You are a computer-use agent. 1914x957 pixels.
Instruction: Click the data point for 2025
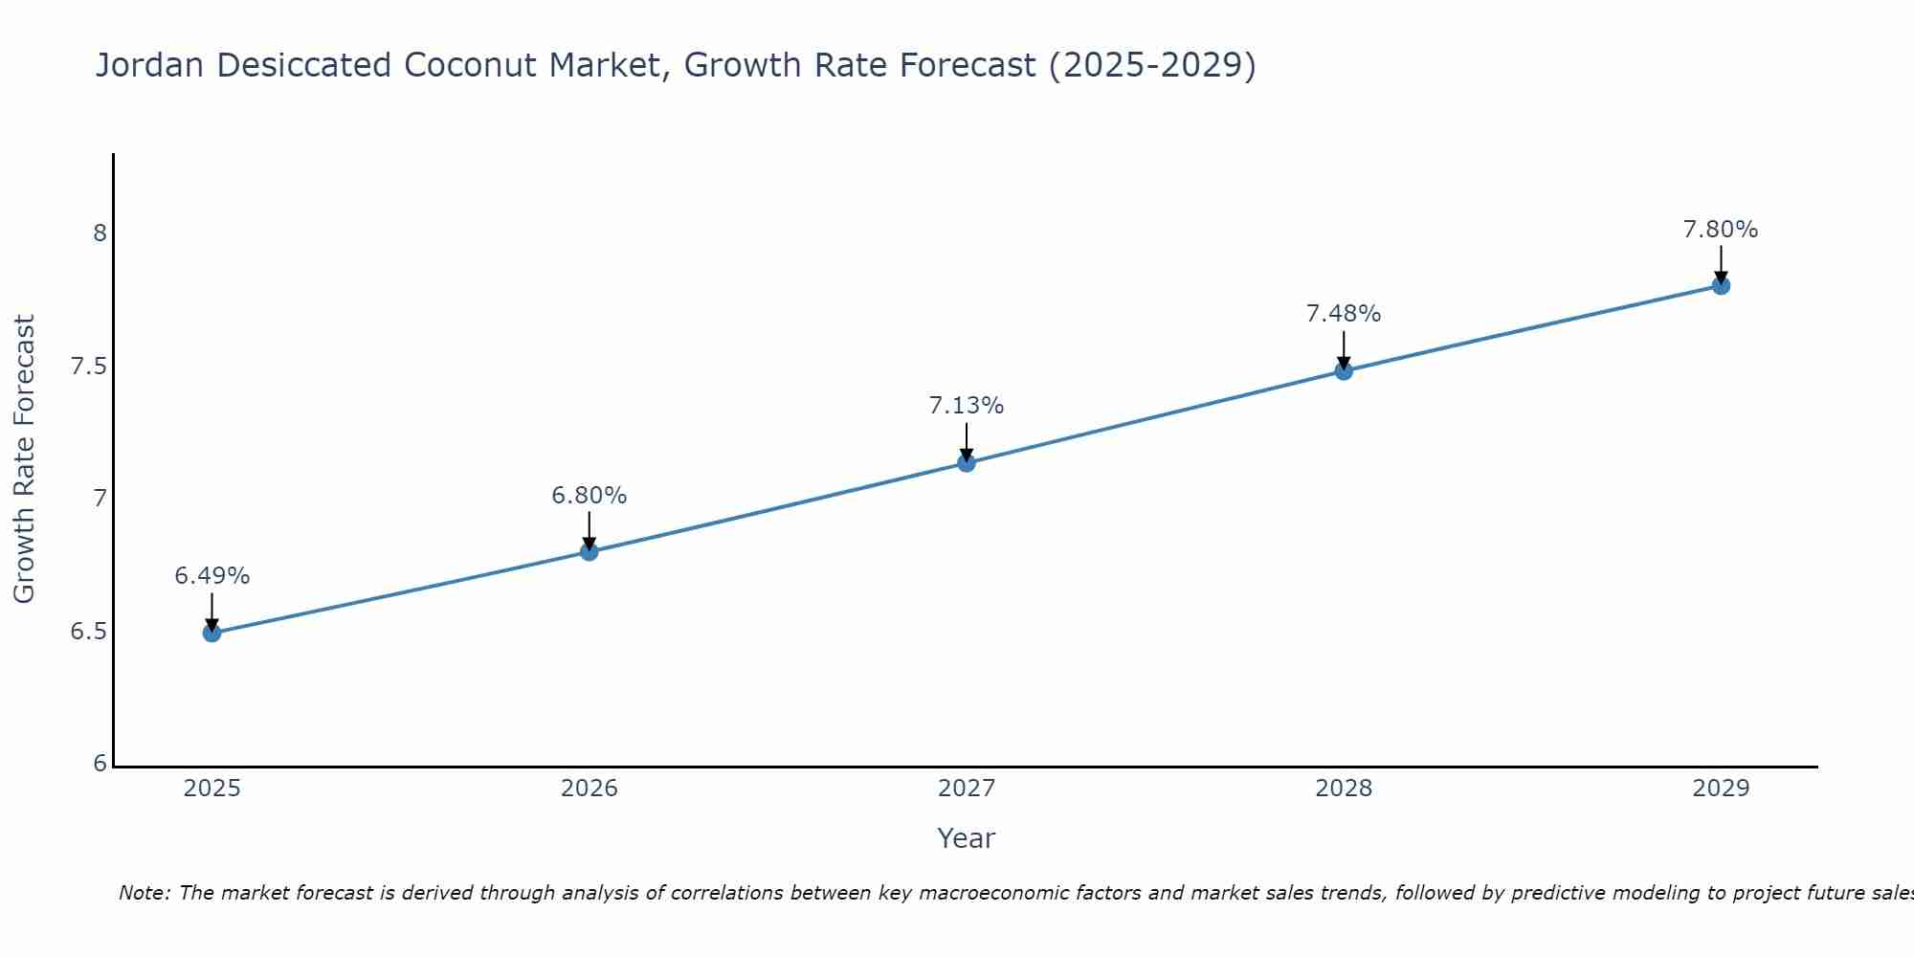[x=212, y=633]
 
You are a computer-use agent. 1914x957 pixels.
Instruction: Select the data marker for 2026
[x=590, y=551]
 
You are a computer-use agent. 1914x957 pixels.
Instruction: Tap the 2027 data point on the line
[x=967, y=463]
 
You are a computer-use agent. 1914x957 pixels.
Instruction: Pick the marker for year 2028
[x=1344, y=370]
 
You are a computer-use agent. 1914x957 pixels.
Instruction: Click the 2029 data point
[x=1721, y=285]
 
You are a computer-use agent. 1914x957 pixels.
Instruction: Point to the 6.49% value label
[x=212, y=576]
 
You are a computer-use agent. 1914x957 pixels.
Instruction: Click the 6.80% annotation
[x=590, y=496]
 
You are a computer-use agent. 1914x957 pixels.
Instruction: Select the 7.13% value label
[x=967, y=406]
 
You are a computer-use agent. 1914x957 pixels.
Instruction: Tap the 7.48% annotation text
[x=1344, y=314]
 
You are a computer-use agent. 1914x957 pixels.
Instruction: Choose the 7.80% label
[x=1721, y=230]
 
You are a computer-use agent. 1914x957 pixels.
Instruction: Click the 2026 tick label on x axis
[x=590, y=789]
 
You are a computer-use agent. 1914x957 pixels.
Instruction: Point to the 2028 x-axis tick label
[x=1344, y=789]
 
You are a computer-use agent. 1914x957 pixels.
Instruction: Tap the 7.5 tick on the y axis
[x=89, y=367]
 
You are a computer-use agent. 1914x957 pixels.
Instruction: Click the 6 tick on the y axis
[x=100, y=764]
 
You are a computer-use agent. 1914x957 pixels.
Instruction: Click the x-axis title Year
[x=967, y=838]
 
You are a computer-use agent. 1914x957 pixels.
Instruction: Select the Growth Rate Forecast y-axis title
[x=24, y=459]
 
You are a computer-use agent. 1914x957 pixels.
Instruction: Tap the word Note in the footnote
[x=144, y=893]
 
